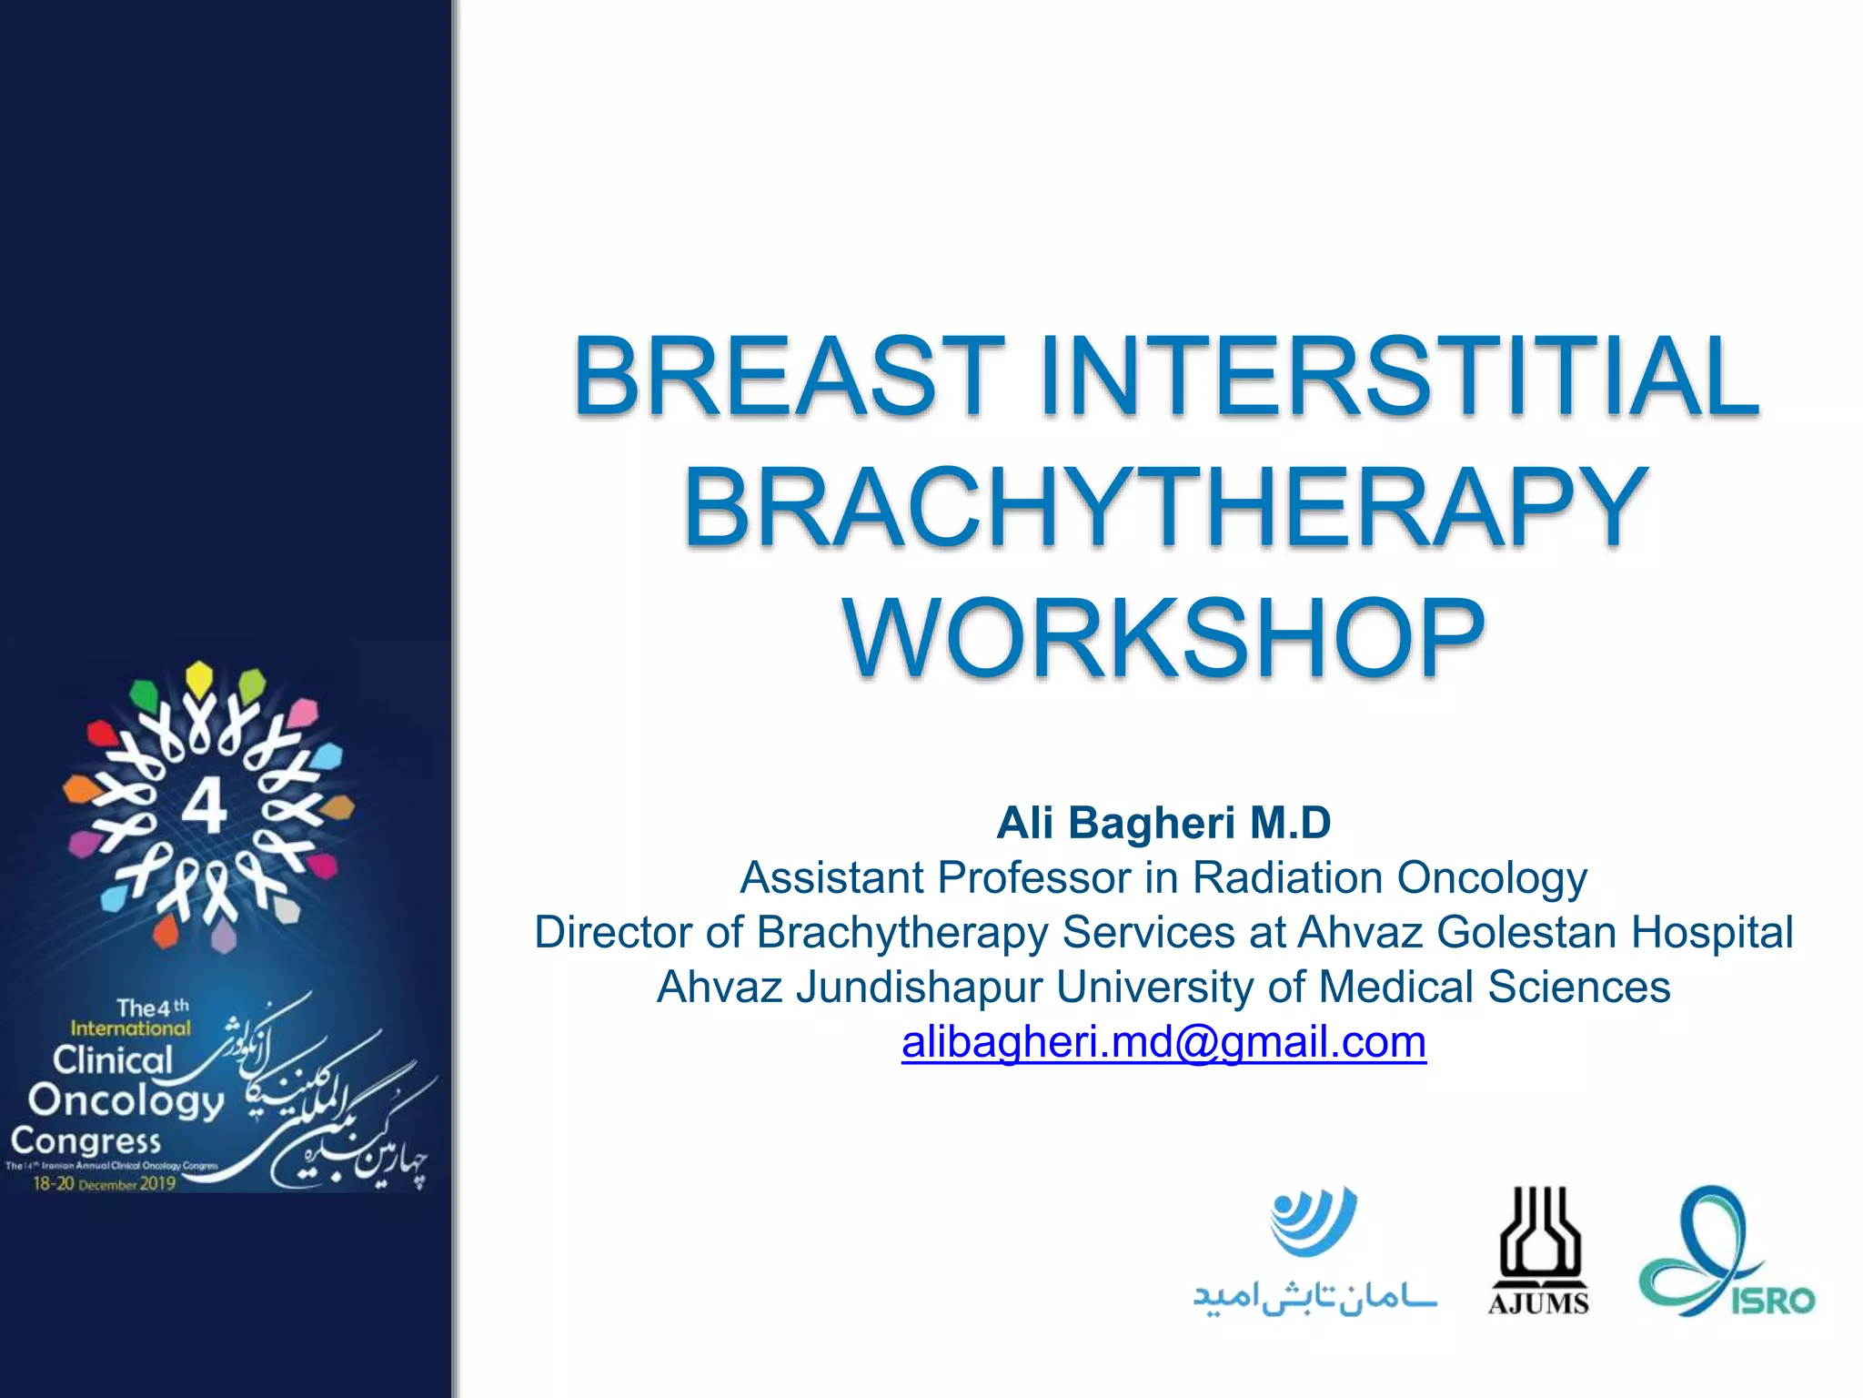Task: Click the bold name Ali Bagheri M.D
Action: [1163, 823]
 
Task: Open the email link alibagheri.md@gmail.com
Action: [1163, 1042]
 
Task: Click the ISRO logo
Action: [1726, 1252]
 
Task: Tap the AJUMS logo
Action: [1538, 1252]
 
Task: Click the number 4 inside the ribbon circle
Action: [205, 807]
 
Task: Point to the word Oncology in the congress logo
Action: [126, 1100]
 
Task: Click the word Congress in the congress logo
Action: [86, 1140]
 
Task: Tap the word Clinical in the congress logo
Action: [112, 1060]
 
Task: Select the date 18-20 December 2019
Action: [104, 1184]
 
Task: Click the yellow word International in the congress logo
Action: [130, 1028]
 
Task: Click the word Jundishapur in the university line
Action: [919, 988]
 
